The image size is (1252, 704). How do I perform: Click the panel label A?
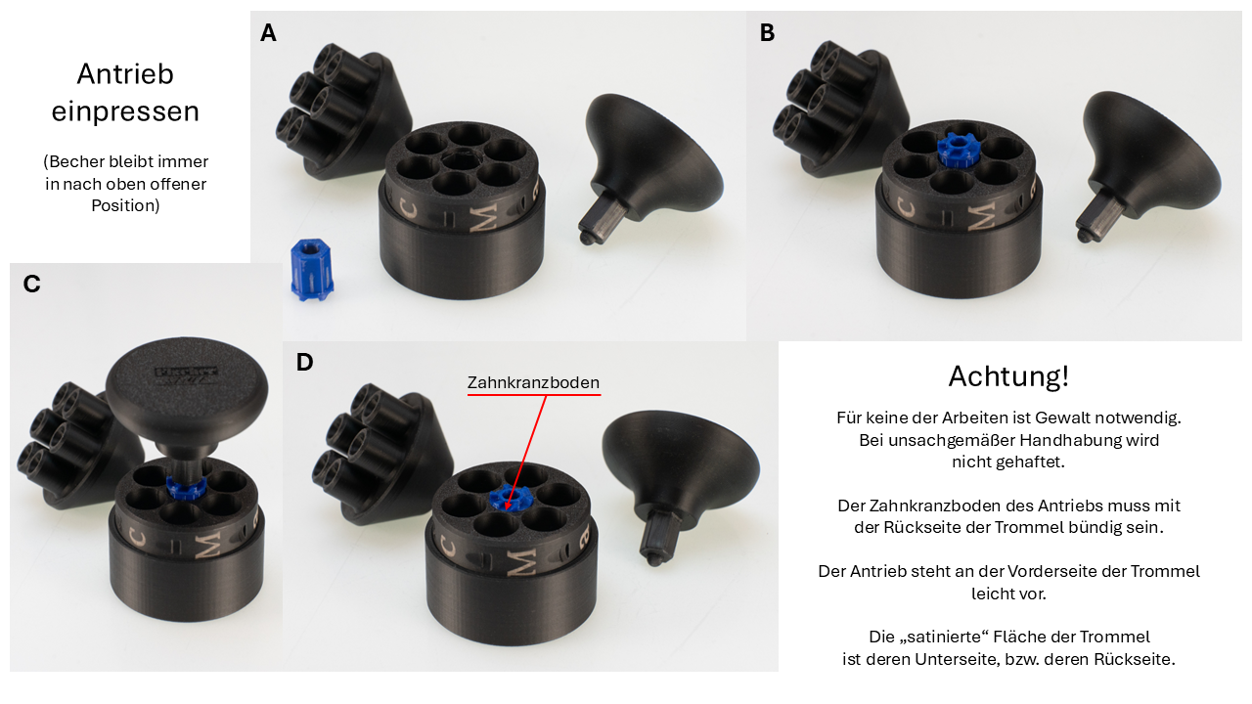[x=268, y=33]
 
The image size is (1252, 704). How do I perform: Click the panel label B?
[x=768, y=33]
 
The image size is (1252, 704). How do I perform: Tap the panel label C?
[x=32, y=284]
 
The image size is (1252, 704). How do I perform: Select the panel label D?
[x=304, y=362]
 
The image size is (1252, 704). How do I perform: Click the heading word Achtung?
[x=1008, y=376]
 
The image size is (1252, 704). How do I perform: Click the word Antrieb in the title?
[x=125, y=73]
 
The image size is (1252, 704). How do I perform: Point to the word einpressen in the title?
[x=125, y=111]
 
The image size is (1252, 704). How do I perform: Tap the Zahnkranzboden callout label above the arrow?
[x=533, y=382]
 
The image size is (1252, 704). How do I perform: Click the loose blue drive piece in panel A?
[x=312, y=270]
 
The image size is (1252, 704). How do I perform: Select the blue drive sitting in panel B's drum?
[x=957, y=150]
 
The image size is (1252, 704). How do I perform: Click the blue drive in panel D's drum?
[x=509, y=497]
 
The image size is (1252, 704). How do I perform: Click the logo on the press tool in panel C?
[x=186, y=374]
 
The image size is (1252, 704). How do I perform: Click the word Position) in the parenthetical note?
[x=125, y=205]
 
